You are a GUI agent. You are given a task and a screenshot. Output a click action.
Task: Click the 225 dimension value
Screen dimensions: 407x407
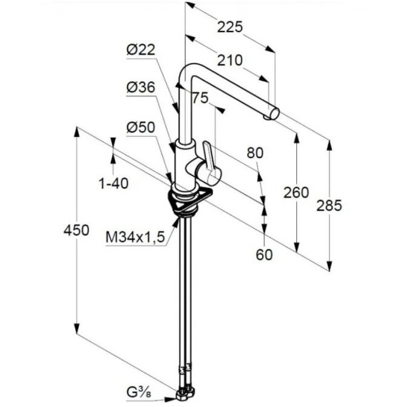(x=230, y=27)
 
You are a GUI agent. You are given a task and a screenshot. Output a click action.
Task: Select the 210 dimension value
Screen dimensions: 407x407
(x=230, y=60)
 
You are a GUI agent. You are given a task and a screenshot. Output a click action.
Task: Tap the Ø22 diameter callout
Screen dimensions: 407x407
(x=141, y=50)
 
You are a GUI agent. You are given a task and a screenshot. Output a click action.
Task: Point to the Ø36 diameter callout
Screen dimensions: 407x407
(x=141, y=87)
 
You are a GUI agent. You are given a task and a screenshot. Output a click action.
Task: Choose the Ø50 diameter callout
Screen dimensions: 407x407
(x=141, y=127)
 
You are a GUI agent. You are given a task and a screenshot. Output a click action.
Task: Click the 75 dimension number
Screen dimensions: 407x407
(x=200, y=98)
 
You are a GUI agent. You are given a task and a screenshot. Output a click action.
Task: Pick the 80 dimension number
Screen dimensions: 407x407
(x=255, y=153)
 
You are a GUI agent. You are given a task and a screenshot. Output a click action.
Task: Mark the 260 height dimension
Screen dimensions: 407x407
(x=296, y=193)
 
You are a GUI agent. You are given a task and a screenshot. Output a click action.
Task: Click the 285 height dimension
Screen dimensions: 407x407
(x=329, y=206)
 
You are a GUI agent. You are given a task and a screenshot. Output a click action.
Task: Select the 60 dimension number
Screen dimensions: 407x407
(x=264, y=254)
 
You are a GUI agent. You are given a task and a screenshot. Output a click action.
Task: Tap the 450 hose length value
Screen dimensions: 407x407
(x=76, y=230)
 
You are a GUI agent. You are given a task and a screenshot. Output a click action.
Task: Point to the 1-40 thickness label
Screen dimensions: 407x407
(x=114, y=184)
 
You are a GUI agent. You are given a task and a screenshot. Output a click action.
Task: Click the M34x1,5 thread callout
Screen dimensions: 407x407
(x=135, y=237)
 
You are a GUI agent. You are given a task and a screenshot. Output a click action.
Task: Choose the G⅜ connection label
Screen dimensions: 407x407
(x=139, y=393)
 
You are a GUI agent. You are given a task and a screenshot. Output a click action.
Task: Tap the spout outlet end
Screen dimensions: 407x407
(x=273, y=114)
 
